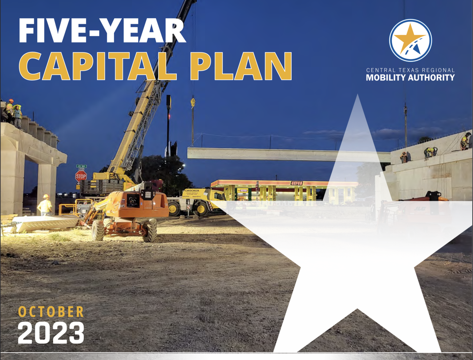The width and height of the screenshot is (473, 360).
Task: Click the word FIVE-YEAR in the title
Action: point(102,31)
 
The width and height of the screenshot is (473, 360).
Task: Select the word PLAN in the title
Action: point(241,66)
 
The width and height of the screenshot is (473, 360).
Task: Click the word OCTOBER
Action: point(51,312)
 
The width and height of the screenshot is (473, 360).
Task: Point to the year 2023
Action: point(51,333)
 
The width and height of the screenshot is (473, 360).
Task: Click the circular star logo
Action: point(410,40)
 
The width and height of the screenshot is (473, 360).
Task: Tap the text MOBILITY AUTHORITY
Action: point(410,78)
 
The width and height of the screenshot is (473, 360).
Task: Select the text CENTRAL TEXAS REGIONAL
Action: point(410,70)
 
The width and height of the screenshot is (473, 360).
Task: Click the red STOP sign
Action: point(81,176)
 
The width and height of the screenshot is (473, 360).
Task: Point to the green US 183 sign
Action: point(81,166)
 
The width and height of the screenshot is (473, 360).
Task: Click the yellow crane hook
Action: point(193,102)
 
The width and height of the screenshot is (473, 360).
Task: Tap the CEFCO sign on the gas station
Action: point(297,183)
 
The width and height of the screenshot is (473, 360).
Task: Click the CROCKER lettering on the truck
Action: point(192,191)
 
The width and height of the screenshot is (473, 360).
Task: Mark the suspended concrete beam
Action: point(262,154)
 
